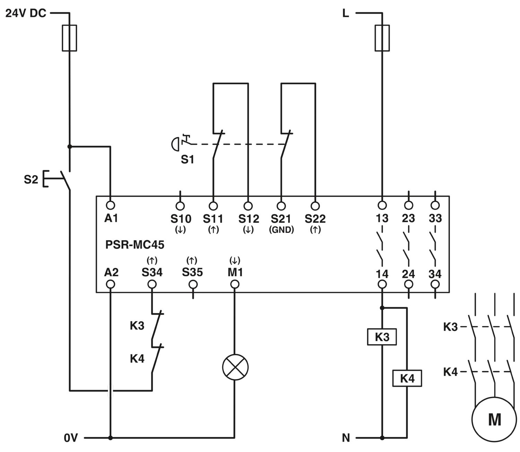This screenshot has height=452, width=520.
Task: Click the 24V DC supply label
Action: [x=26, y=13]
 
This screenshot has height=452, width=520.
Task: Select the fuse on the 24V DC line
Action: [x=69, y=38]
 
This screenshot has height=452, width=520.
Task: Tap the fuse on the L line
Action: [x=382, y=38]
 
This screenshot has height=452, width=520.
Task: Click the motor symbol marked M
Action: [x=494, y=419]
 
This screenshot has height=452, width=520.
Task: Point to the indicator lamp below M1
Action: [x=235, y=367]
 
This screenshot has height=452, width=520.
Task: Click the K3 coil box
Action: [x=382, y=337]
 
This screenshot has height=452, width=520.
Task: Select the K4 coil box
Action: [x=407, y=378]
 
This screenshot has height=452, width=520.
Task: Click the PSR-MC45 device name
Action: [x=135, y=245]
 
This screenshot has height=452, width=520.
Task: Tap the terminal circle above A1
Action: [x=110, y=205]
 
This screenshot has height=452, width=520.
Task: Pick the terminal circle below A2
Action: [x=110, y=284]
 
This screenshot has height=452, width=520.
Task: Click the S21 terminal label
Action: [x=281, y=219]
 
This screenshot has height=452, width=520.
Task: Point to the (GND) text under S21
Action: [x=281, y=230]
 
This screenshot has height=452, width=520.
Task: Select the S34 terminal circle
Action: [x=152, y=284]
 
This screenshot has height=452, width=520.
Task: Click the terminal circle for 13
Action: [x=382, y=205]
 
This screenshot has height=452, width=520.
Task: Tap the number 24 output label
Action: [x=408, y=274]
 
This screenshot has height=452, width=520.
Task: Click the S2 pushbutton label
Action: [x=31, y=179]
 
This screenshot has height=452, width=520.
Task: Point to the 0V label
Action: [x=71, y=438]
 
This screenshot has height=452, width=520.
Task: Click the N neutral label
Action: [x=346, y=438]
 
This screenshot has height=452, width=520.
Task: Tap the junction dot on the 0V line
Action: [x=110, y=438]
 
